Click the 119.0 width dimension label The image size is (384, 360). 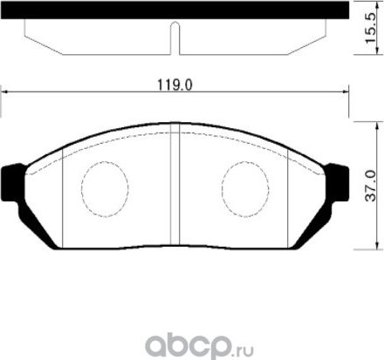pyautogui.click(x=175, y=85)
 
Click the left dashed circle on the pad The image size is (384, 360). pyautogui.click(x=105, y=187)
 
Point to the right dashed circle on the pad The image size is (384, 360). pyautogui.click(x=245, y=187)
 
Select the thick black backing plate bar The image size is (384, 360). pyautogui.click(x=175, y=11)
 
